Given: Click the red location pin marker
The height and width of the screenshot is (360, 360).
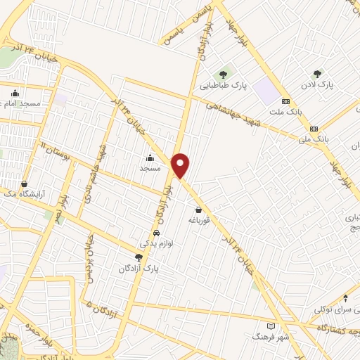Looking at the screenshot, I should point(181,165).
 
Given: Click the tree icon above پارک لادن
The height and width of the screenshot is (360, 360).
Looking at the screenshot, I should point(318,73).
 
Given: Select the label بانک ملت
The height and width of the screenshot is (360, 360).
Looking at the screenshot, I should point(285,112).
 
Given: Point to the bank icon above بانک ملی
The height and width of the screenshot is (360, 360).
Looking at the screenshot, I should point(314,129).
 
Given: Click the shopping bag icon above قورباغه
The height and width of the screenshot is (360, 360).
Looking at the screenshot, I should point(198,209).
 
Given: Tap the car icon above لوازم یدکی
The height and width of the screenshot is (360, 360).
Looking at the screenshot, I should point(156,233).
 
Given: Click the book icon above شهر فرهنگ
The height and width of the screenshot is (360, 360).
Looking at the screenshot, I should point(272,327).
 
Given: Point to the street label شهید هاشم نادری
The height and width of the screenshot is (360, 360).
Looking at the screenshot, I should point(98,157).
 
